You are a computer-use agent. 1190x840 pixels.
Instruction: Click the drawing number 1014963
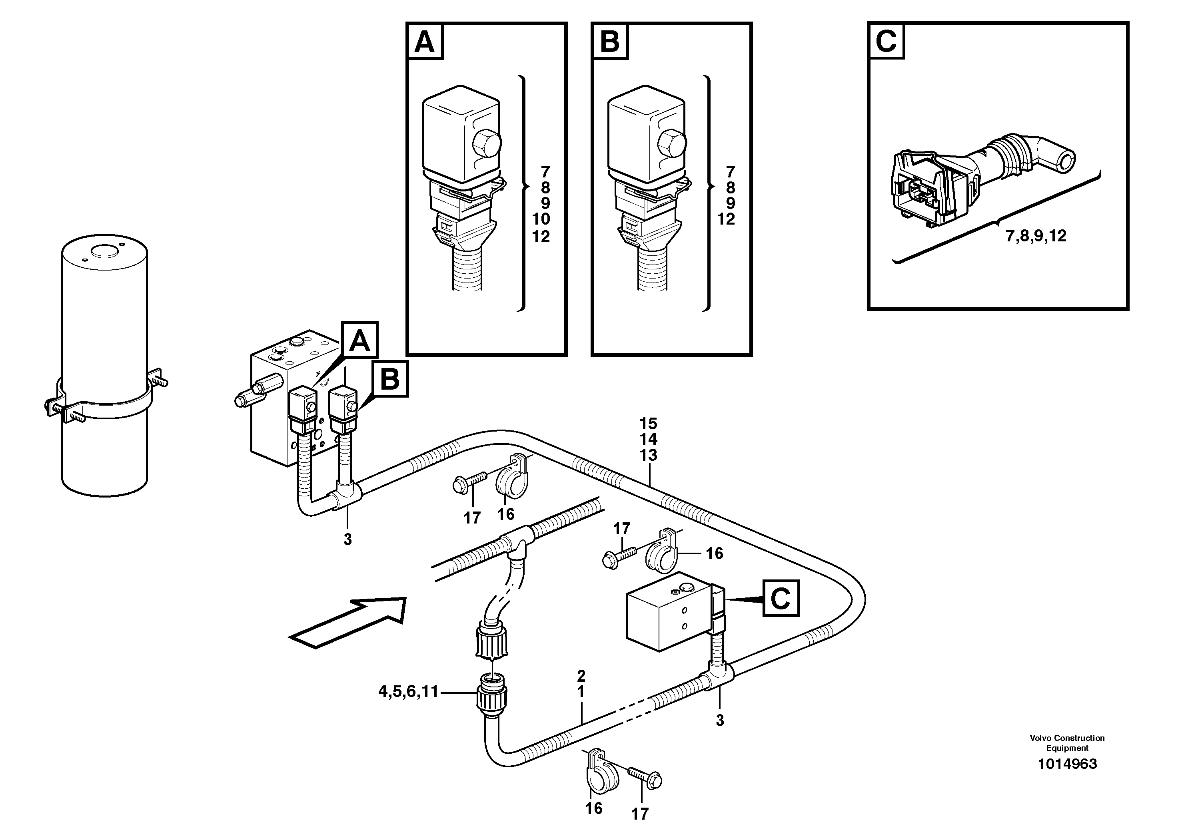click(x=1067, y=764)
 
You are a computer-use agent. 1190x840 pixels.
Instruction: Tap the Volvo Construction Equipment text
click(x=1067, y=742)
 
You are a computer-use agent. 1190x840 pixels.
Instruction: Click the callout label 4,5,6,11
click(x=408, y=691)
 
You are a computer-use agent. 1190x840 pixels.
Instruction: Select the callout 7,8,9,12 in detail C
click(x=1036, y=236)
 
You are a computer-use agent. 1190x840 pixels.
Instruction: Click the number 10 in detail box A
click(x=541, y=219)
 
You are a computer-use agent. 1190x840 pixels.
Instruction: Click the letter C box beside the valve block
click(x=781, y=599)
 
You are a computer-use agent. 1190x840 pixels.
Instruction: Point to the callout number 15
click(x=648, y=423)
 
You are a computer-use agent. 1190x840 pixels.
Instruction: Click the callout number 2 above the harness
click(x=581, y=675)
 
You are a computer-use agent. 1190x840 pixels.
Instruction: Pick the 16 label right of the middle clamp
click(x=714, y=553)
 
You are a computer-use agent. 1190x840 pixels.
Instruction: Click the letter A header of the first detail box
click(x=425, y=42)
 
